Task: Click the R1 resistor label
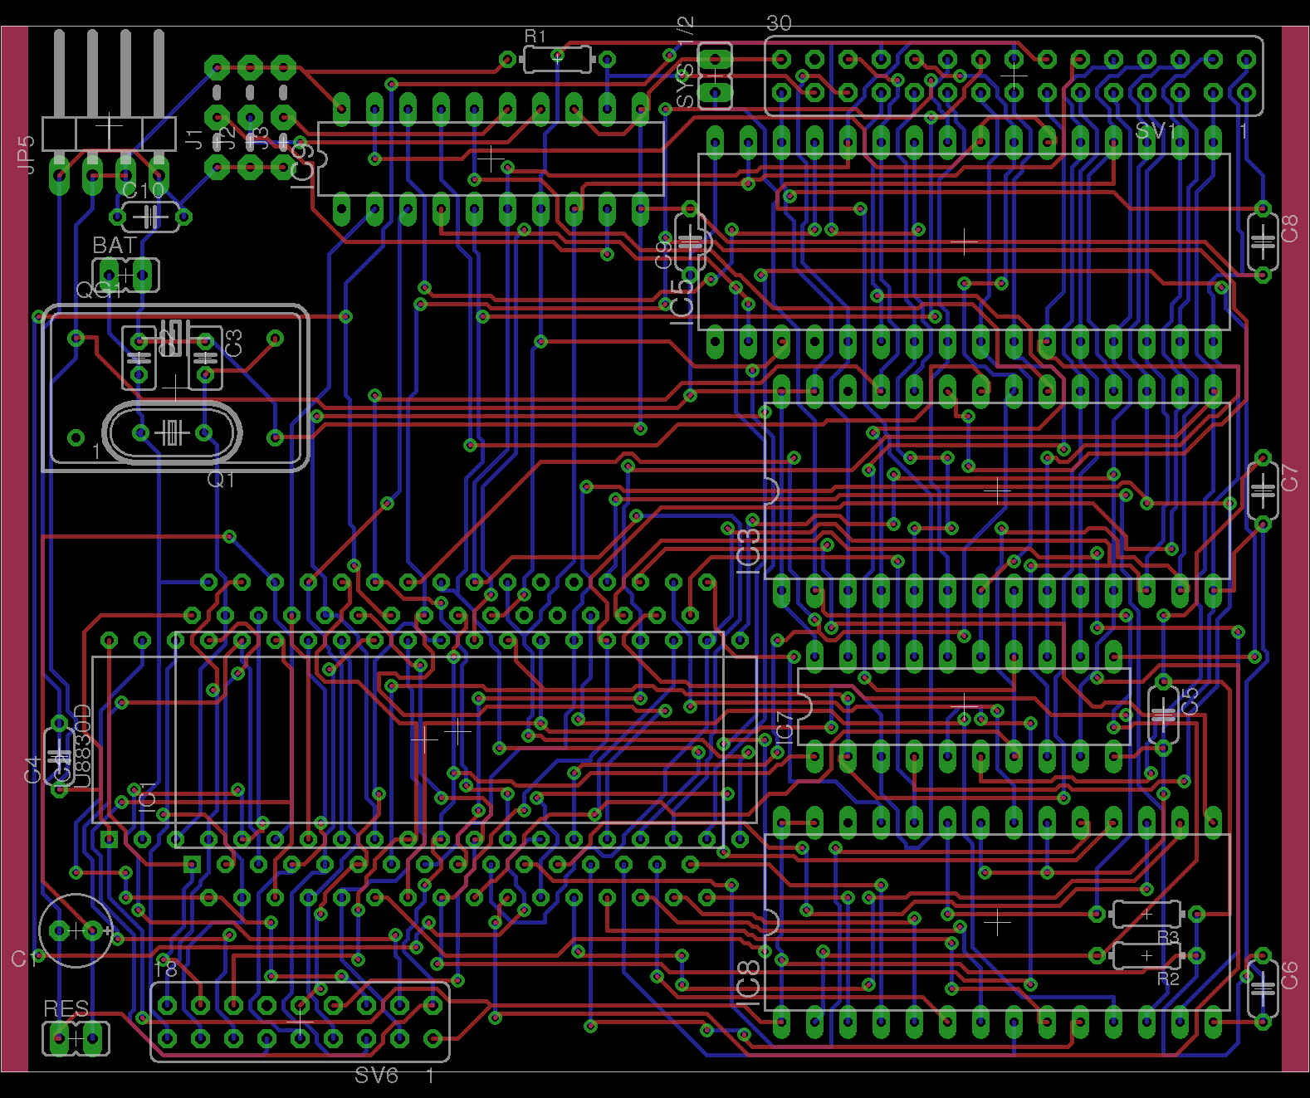535,37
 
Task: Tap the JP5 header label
27,154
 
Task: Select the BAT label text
115,246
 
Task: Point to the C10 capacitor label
143,191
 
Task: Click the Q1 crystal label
221,480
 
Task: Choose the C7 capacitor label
1289,478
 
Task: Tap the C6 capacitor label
1289,974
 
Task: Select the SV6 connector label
376,1076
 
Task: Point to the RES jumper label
66,1009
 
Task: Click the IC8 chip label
748,981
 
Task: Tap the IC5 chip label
682,299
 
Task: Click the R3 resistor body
1146,914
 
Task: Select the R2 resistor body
1146,956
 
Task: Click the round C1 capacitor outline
75,930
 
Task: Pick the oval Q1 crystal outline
172,432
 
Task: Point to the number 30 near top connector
779,23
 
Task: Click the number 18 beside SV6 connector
166,969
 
